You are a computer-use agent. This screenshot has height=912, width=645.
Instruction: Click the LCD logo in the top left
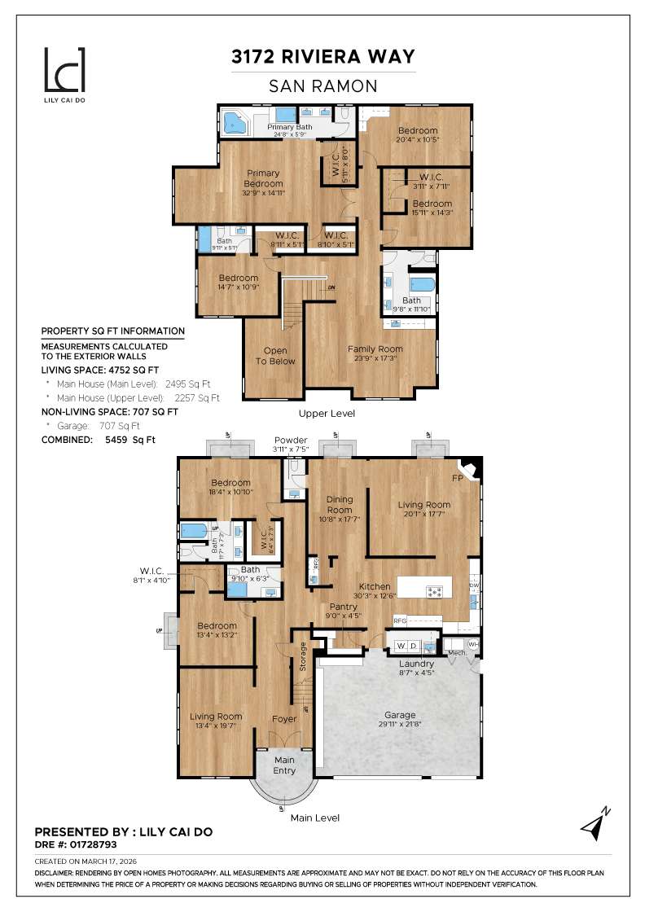64,70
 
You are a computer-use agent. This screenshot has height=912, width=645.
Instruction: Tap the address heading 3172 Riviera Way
323,56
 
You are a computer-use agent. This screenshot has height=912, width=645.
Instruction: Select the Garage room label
400,714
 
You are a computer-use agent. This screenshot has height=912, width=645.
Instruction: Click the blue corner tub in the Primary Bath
235,124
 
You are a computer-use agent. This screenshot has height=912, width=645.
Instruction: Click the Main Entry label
284,765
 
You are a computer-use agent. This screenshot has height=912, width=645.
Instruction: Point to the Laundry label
416,664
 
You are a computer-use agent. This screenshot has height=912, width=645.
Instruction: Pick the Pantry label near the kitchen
344,607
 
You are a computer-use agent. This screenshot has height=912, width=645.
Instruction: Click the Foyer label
284,719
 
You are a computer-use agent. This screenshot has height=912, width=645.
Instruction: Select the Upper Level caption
326,414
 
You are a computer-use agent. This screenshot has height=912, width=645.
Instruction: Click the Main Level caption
315,818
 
